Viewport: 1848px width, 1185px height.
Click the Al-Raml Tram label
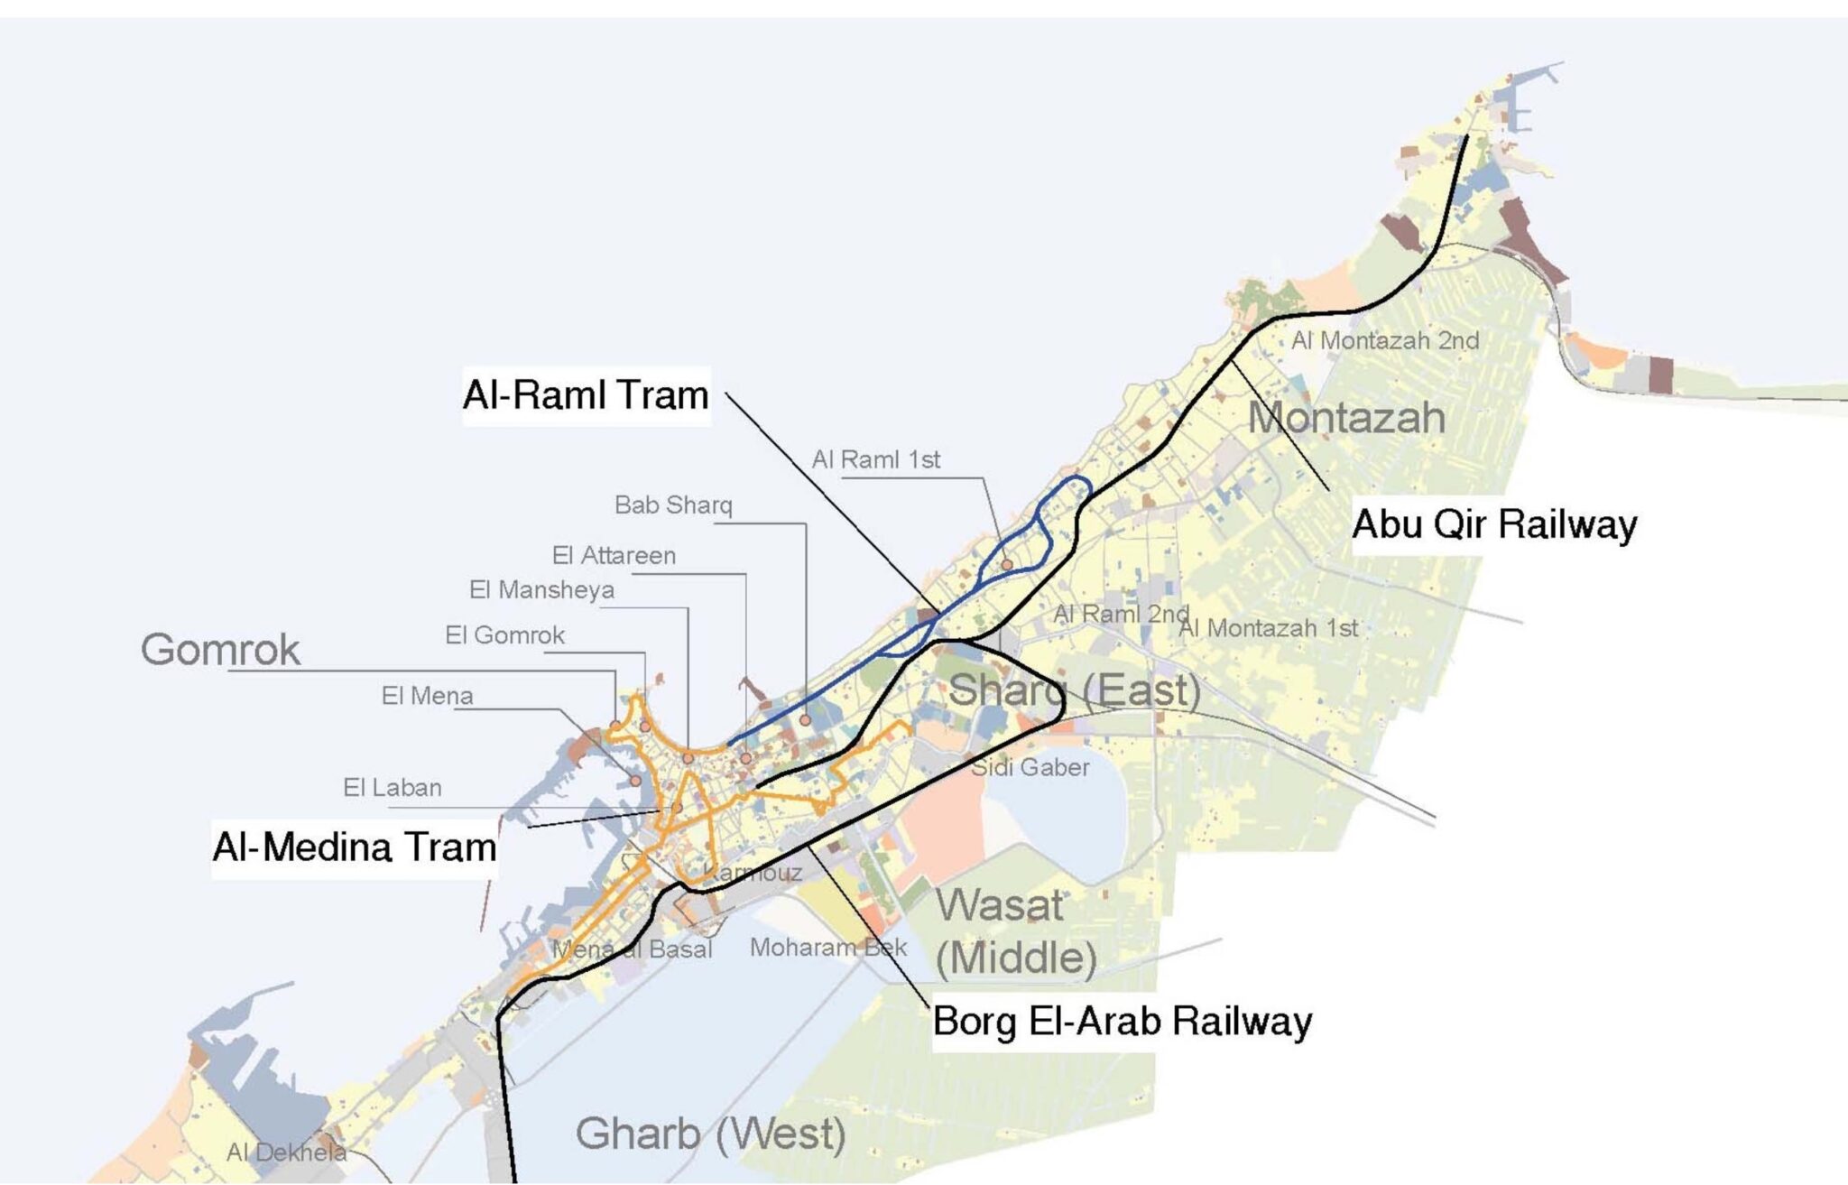point(586,395)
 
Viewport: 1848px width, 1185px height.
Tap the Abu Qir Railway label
point(1494,524)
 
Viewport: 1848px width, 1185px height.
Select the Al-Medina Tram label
point(355,847)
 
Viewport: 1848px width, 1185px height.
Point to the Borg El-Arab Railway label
point(1122,1022)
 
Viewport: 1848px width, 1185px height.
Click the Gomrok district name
point(220,650)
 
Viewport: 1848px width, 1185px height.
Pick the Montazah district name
point(1346,418)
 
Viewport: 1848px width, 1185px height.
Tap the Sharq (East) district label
point(1074,691)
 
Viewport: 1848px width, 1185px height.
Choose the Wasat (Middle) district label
point(1015,931)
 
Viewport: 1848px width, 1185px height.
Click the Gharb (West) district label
point(710,1134)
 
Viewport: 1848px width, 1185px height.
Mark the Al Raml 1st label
point(875,460)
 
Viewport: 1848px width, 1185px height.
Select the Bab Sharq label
point(673,505)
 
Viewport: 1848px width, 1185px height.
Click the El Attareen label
point(614,556)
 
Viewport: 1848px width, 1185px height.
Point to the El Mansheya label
point(541,590)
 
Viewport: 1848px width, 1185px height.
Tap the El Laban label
point(392,788)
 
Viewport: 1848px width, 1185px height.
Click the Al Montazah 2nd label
point(1385,341)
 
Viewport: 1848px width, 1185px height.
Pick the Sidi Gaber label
point(1030,768)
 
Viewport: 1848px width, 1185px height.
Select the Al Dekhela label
point(286,1153)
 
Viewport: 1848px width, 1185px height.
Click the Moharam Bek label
point(828,948)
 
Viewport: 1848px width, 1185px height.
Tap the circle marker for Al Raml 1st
point(1007,565)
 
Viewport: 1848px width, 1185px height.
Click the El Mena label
point(427,696)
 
